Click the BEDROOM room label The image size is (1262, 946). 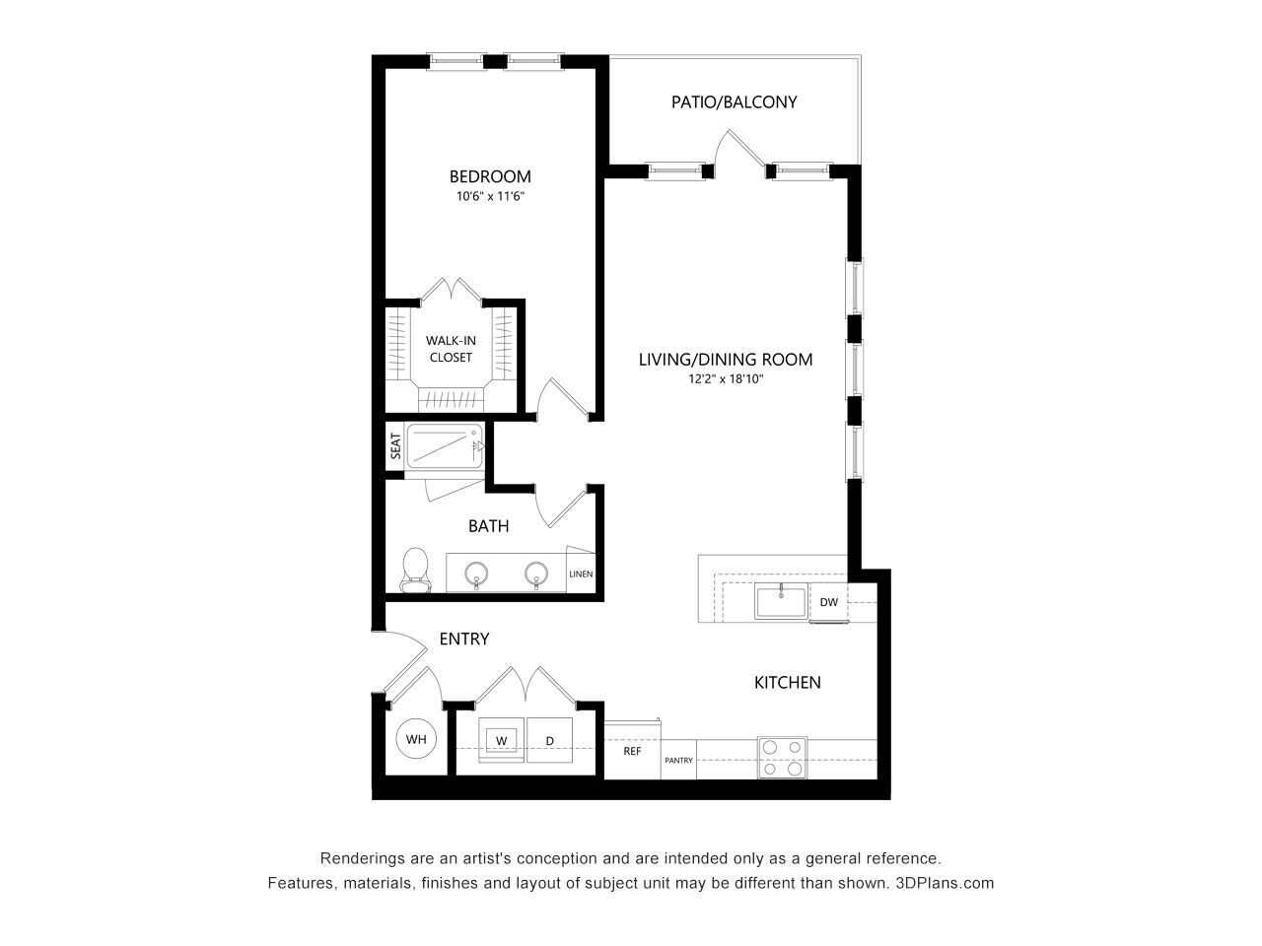[x=490, y=177]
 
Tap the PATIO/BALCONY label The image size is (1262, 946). [x=734, y=101]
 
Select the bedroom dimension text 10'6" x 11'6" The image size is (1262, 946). [x=490, y=196]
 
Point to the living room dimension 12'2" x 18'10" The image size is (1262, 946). [x=726, y=378]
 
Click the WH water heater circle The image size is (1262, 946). [x=416, y=739]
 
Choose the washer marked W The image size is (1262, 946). [x=501, y=740]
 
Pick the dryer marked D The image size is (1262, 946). [x=550, y=740]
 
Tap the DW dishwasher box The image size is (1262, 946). [x=828, y=602]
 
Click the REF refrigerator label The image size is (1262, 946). [x=632, y=751]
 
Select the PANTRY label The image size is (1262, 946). [x=678, y=760]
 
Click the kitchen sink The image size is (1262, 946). [x=780, y=602]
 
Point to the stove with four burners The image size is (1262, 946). [x=782, y=758]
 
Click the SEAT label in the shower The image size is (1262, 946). [x=395, y=447]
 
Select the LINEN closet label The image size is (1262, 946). [x=581, y=574]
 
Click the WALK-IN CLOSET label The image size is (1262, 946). [x=451, y=349]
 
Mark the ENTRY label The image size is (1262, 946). [x=463, y=640]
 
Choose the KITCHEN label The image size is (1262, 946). [x=787, y=682]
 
